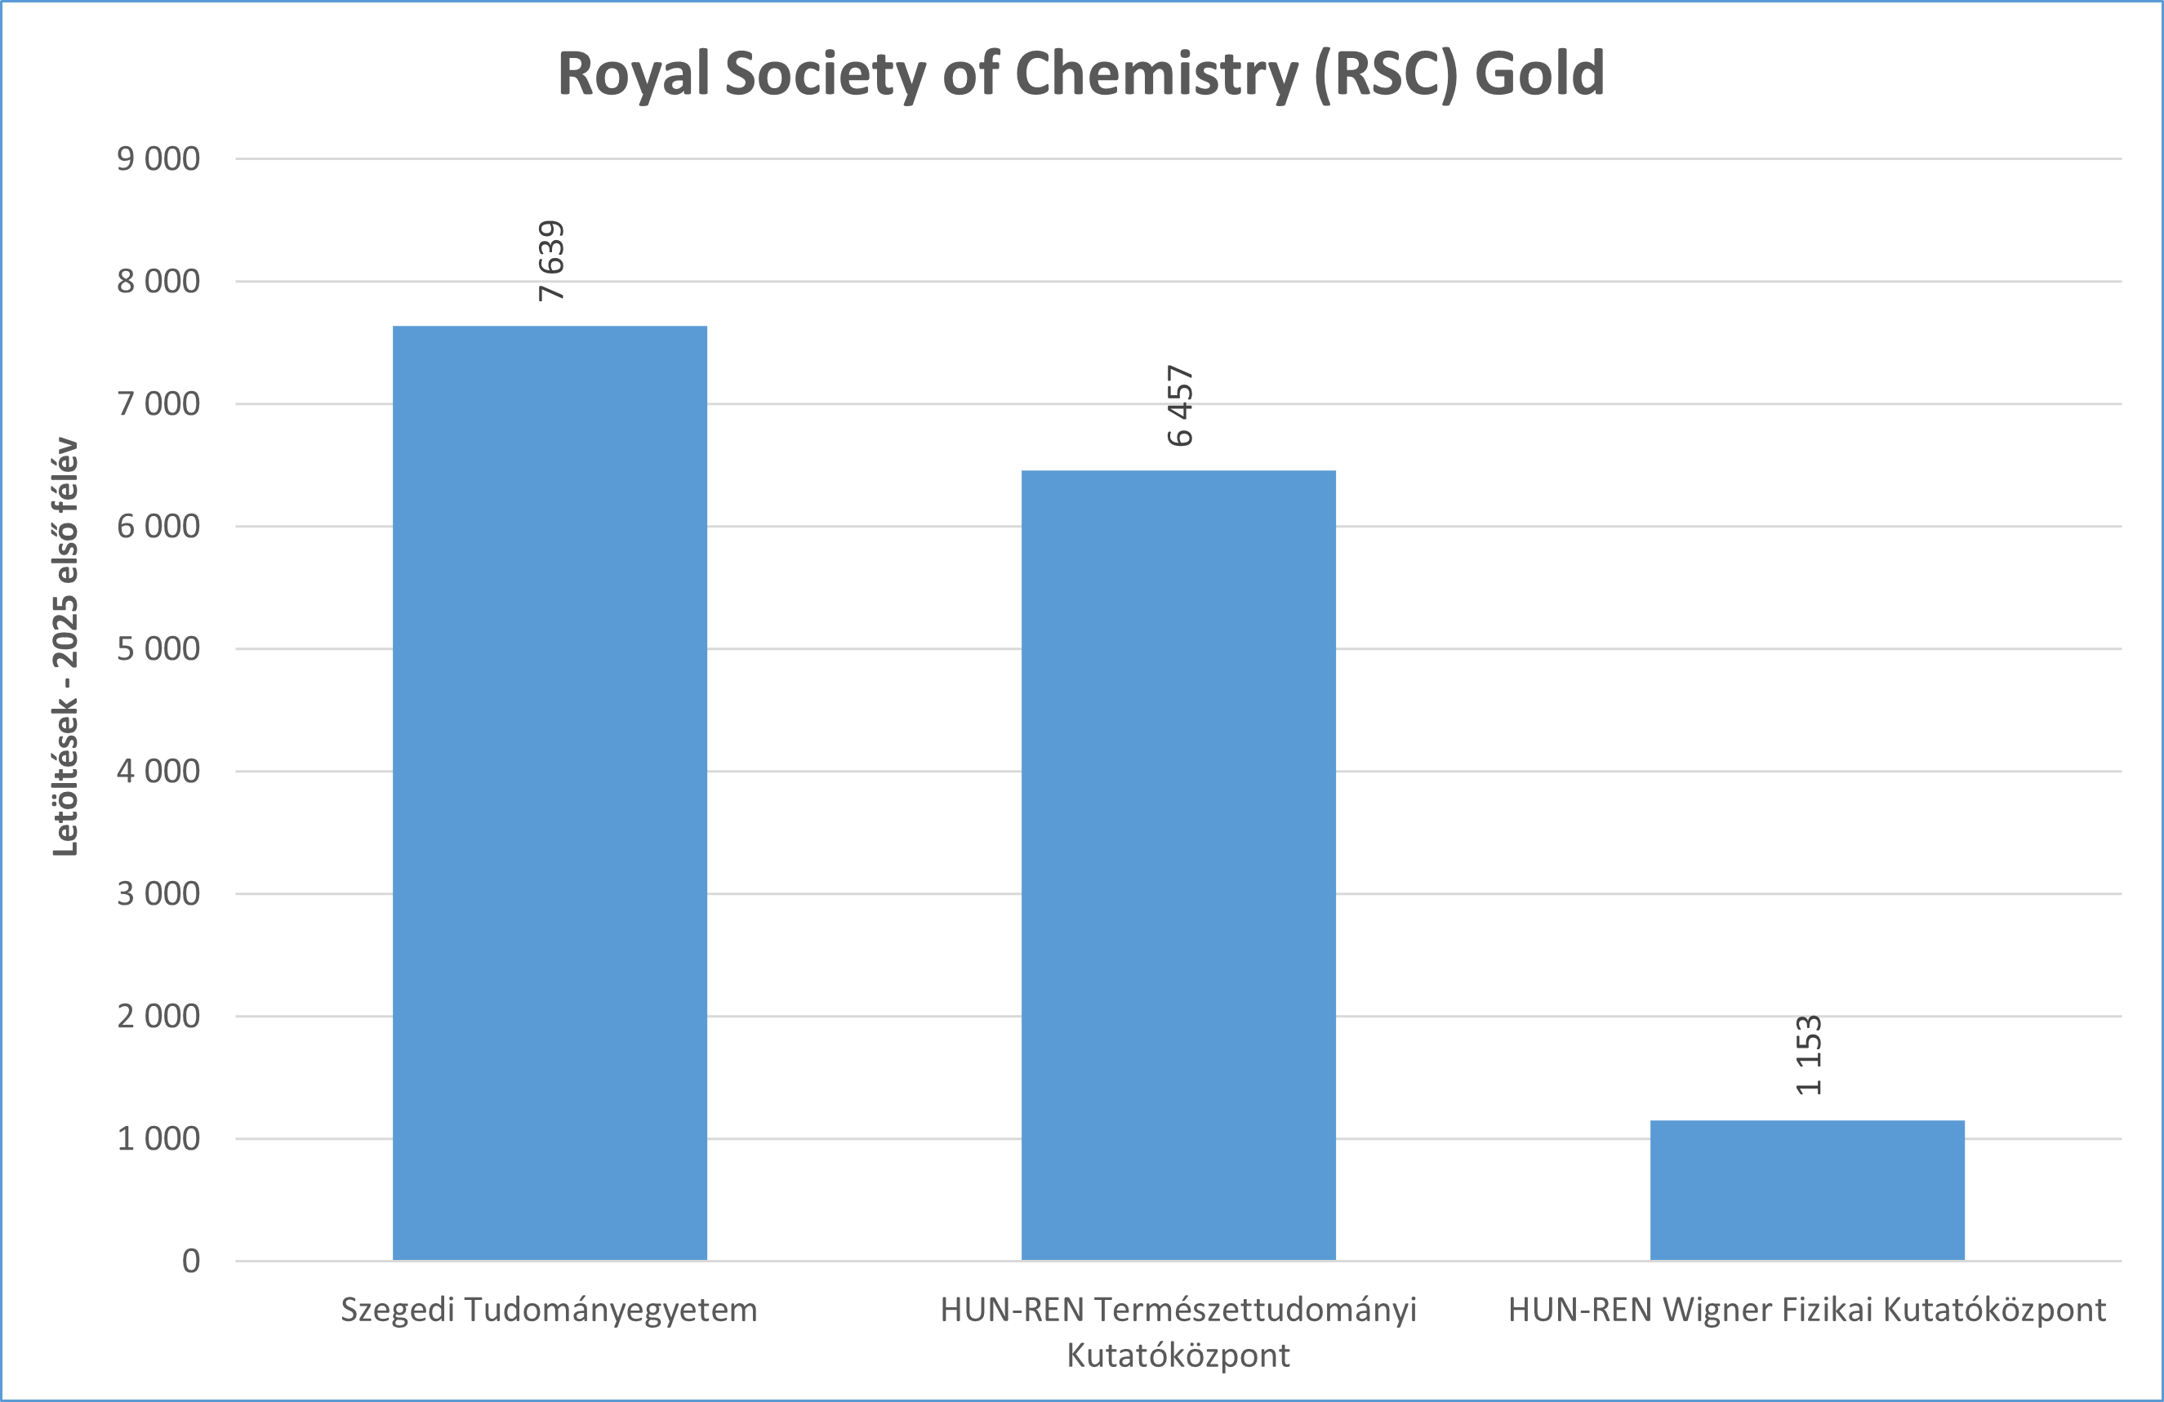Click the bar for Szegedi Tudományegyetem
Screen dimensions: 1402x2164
tap(550, 792)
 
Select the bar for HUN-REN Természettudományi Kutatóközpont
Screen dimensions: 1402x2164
tap(1178, 865)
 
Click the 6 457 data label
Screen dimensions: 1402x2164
tap(1179, 406)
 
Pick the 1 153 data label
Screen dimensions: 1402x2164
tap(1809, 1055)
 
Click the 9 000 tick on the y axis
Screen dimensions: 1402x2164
tap(158, 159)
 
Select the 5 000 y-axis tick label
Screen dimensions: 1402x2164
tap(158, 649)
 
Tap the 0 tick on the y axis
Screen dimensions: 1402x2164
tap(191, 1261)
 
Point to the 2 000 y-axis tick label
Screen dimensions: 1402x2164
tap(158, 1017)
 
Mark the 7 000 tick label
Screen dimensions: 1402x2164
tap(158, 403)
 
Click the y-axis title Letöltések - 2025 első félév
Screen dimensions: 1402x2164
tap(65, 647)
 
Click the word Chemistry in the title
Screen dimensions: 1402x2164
tap(1156, 73)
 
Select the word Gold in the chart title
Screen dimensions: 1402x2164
tap(1538, 73)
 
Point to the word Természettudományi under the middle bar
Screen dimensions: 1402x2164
tap(1255, 1311)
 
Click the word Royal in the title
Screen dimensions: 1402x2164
tap(633, 73)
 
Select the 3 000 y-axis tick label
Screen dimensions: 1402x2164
tap(158, 894)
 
